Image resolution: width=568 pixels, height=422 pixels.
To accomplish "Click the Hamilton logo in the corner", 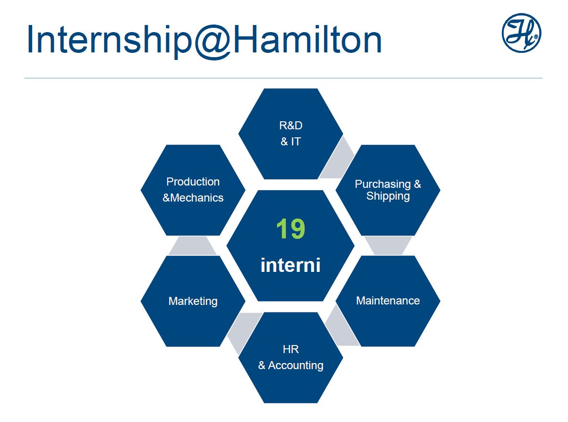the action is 521,33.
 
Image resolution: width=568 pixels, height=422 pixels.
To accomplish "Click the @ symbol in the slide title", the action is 213,42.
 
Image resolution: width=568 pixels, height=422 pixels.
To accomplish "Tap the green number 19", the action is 290,228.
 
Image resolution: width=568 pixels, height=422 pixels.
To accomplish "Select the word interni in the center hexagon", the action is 290,265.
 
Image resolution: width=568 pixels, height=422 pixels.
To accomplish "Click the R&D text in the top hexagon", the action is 291,126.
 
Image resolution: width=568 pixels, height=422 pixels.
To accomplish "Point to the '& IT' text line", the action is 291,141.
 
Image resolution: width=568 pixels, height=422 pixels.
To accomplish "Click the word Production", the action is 193,182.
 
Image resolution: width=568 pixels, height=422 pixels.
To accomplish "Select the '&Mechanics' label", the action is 193,198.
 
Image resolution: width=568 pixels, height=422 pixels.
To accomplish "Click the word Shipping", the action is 388,196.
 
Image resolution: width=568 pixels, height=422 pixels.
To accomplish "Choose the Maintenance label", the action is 388,301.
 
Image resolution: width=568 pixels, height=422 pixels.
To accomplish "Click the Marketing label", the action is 193,301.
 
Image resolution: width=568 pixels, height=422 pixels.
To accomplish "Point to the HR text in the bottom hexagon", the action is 291,349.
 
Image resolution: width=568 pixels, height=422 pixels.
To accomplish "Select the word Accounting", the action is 296,366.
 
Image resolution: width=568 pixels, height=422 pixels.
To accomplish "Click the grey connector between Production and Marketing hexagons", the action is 193,245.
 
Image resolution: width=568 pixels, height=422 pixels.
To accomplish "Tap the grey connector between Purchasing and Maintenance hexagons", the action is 388,245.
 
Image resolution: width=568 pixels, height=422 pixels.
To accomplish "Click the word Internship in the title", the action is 110,39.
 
